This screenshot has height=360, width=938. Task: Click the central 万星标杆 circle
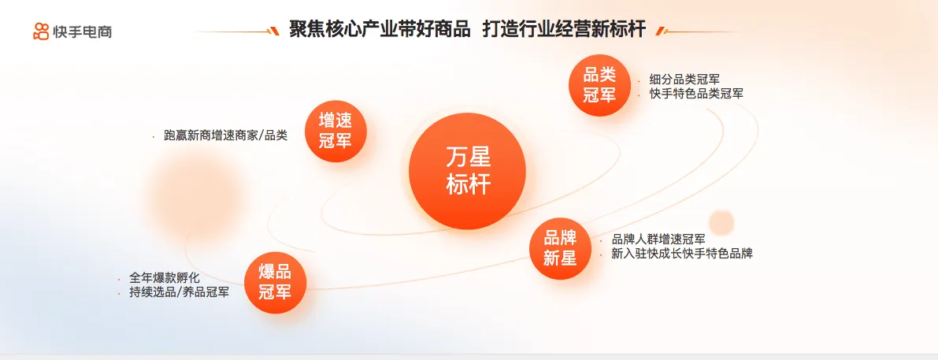(467, 171)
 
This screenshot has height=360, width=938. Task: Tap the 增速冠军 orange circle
(336, 131)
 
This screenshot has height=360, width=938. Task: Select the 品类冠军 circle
(599, 86)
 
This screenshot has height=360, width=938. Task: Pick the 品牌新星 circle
(560, 248)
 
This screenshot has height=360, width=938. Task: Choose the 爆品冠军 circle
(275, 283)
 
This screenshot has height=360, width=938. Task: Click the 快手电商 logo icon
(41, 31)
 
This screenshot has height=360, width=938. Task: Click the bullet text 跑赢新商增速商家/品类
(225, 135)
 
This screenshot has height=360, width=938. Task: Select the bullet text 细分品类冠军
(684, 79)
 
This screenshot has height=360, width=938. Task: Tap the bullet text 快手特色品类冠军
(696, 94)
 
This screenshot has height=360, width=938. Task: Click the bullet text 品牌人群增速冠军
(658, 239)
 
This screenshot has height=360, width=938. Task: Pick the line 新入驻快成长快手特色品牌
(682, 254)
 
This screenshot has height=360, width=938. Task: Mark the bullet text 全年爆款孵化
(165, 278)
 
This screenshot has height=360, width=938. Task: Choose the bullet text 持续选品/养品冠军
(179, 293)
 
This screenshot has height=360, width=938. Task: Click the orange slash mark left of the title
(275, 31)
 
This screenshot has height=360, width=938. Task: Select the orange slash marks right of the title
(661, 31)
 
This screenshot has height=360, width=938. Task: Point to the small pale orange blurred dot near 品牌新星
(721, 222)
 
